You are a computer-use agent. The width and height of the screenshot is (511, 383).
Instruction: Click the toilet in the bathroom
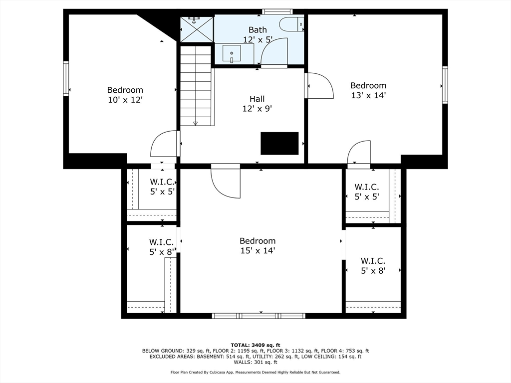tap(291, 23)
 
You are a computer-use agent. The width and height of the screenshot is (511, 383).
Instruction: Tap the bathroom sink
tap(232, 53)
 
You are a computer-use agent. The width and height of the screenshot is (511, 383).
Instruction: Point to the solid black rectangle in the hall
tap(279, 143)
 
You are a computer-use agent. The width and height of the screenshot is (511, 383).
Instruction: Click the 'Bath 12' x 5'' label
tap(257, 34)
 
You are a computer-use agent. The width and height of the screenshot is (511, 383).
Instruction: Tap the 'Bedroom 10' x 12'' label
tap(125, 95)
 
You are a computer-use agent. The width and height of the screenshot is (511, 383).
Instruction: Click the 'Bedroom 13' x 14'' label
tap(368, 90)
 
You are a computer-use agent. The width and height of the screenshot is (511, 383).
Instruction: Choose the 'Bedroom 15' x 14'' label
tap(257, 246)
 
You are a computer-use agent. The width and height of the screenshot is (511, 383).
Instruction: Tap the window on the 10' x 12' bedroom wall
tap(66, 78)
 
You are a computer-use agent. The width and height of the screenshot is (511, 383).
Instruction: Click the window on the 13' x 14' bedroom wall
tap(445, 85)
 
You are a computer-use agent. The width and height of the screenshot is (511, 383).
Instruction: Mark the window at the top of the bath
tap(277, 11)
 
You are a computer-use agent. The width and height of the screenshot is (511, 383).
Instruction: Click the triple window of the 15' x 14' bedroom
tap(258, 316)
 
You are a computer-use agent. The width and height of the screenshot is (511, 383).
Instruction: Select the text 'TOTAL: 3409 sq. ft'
tap(255, 345)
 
